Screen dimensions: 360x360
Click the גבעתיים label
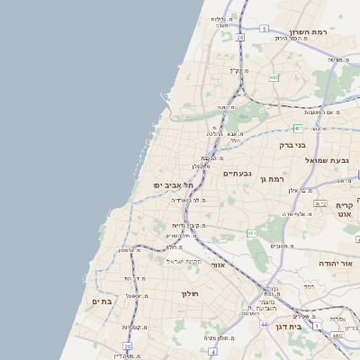[238, 173]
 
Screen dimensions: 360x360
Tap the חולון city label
[189, 293]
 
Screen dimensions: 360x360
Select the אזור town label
[216, 265]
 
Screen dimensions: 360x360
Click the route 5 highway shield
[264, 29]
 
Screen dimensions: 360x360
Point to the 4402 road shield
[337, 335]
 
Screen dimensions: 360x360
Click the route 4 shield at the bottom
[317, 325]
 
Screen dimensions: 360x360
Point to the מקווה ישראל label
[186, 260]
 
